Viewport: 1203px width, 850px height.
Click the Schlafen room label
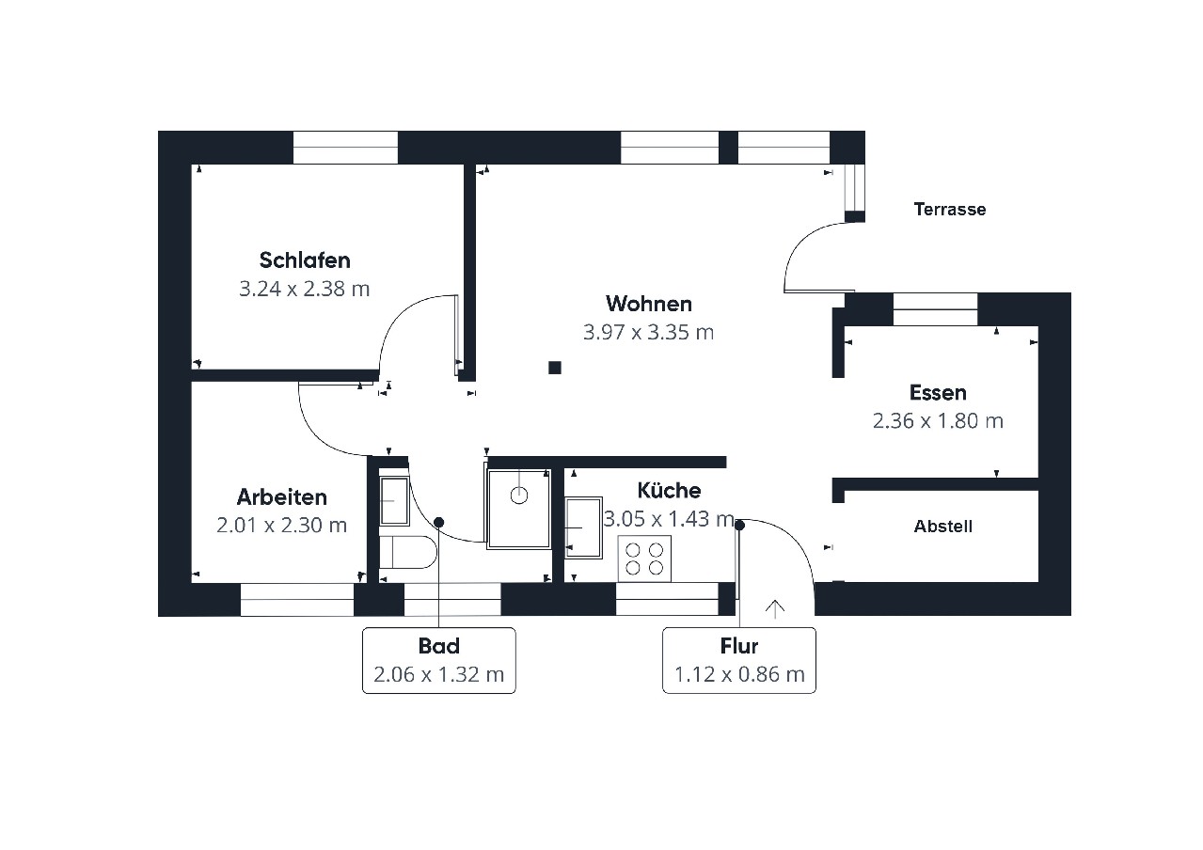click(x=305, y=260)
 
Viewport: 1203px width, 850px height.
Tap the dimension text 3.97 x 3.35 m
click(x=649, y=332)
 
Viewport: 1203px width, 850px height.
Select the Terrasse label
click(x=950, y=210)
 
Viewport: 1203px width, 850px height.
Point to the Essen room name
click(x=939, y=393)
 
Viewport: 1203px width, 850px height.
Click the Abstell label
click(x=943, y=527)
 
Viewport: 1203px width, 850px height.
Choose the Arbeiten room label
click(x=282, y=497)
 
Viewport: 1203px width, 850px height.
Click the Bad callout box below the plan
click(x=438, y=660)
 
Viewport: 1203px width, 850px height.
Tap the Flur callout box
click(x=739, y=660)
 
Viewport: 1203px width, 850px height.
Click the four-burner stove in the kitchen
click(x=644, y=559)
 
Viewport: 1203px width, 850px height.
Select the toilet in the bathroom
click(x=407, y=551)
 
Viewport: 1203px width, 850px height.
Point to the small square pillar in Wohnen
click(x=555, y=368)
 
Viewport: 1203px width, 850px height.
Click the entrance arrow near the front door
click(x=774, y=609)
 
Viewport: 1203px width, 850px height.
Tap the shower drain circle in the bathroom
click(x=519, y=496)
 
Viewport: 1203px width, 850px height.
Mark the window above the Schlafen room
click(x=345, y=147)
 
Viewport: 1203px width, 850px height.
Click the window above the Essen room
click(x=935, y=309)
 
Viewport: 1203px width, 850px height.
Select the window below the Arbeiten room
click(x=297, y=599)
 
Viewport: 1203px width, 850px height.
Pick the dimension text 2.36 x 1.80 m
click(x=939, y=421)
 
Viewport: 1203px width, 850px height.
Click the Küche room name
click(x=669, y=490)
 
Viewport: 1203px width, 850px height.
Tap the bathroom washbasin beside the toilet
click(x=395, y=501)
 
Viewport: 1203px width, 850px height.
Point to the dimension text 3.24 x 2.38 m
click(x=305, y=289)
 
